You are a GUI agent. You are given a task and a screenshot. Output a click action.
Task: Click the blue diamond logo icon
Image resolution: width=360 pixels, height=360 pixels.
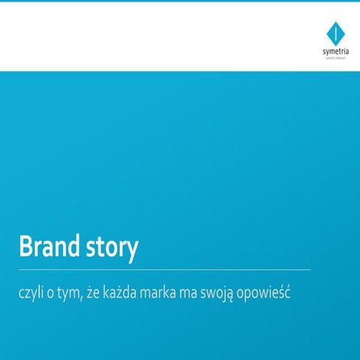pos(334,33)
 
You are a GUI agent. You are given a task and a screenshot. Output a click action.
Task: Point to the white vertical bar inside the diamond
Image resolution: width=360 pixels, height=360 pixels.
pos(334,32)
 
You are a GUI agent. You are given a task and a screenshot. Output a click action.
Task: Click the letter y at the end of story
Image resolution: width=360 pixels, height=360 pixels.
pos(133,253)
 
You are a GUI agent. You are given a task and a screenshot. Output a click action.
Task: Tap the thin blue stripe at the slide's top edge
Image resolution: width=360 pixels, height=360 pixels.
pos(180,1)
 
